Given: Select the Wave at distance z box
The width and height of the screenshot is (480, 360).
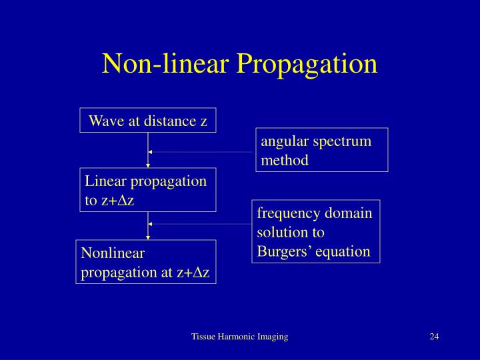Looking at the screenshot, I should [148, 121].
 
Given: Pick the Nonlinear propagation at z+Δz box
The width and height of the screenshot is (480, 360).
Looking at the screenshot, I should [146, 262].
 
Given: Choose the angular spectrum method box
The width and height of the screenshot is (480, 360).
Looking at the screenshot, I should [321, 150].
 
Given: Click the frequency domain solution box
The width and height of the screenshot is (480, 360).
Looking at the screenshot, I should [315, 232].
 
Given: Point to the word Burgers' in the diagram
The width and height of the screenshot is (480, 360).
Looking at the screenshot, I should [283, 251].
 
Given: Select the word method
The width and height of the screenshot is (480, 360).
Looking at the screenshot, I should [285, 160].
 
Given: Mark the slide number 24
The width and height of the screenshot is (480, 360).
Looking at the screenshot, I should [434, 337].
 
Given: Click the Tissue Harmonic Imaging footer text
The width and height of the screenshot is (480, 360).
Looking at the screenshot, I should [239, 337].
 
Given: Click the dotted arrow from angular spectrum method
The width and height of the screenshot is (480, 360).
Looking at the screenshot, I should [200, 152].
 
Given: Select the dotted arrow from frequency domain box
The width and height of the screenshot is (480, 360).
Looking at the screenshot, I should [200, 224].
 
